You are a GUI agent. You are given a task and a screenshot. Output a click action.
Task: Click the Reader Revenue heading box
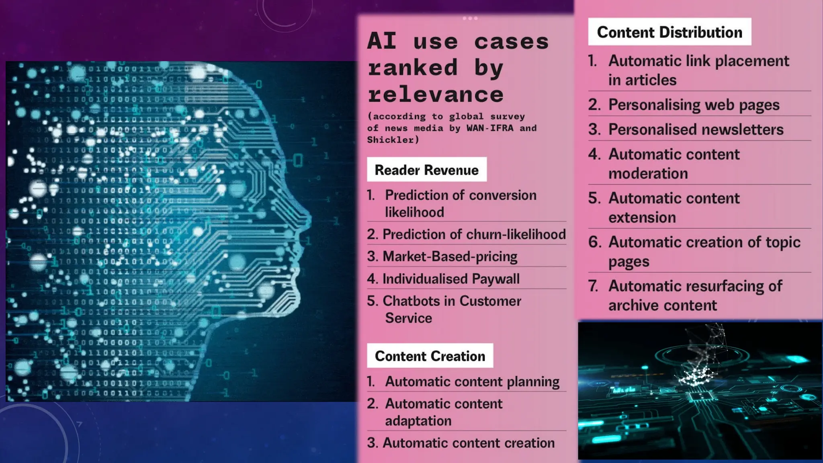[426, 170]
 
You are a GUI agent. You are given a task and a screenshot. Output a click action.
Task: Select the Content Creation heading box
[430, 356]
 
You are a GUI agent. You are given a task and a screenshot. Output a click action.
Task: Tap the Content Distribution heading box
[669, 32]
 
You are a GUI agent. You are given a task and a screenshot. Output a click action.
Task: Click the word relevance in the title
[436, 95]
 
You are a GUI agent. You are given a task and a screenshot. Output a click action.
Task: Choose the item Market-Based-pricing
[450, 256]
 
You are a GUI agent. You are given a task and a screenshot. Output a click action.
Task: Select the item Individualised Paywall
[451, 279]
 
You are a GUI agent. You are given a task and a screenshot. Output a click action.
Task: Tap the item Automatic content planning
[472, 381]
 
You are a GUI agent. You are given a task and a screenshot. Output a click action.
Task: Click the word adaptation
[418, 421]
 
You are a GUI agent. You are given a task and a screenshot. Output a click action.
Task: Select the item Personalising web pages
[694, 105]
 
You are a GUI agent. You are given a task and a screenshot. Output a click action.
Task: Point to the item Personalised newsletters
[696, 129]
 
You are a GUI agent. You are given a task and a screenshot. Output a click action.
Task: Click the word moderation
[648, 174]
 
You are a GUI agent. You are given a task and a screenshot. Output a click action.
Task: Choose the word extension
[642, 217]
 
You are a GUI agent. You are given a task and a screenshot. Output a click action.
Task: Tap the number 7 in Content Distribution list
[593, 286]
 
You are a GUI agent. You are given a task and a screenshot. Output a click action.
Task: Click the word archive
[633, 305]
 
